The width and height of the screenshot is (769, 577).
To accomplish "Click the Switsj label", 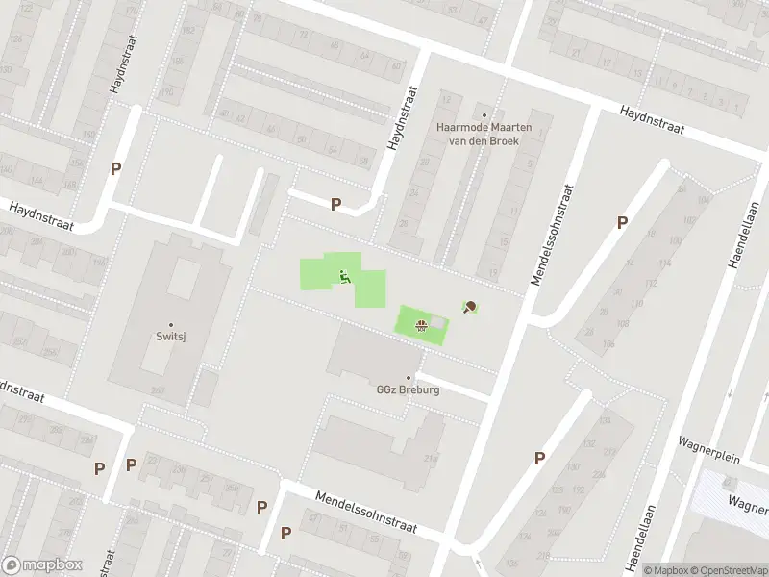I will coord(170,337).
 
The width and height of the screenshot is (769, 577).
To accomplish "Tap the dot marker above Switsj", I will coord(171,325).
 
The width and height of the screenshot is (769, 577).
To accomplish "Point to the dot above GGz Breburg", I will coord(409,378).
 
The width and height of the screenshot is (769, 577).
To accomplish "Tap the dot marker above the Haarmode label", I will coord(484,114).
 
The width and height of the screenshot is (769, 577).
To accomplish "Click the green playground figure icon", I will coord(344,278).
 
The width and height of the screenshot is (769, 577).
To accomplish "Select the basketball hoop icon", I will coord(420,325).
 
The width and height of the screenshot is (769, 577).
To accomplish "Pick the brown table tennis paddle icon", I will coord(470,308).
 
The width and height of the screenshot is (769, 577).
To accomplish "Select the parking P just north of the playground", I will coord(335,204).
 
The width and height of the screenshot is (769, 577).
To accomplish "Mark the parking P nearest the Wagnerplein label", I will coord(539,459).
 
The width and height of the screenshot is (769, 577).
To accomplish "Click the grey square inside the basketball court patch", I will coord(437,320).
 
